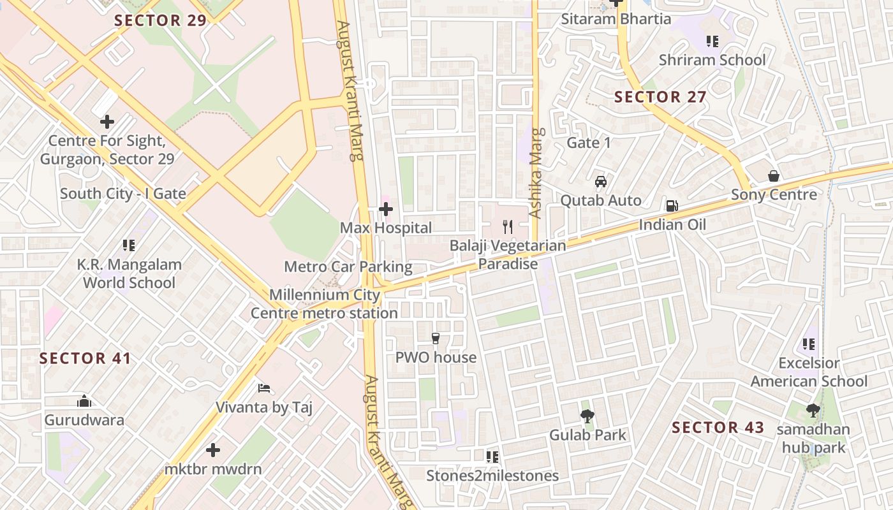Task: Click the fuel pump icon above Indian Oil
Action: [671, 205]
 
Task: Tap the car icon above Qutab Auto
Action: [600, 182]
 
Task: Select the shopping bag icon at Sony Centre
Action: [774, 176]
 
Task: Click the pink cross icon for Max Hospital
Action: [386, 208]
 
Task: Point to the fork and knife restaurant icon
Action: [508, 226]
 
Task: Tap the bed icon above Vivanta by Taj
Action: [264, 388]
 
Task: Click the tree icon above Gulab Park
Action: [587, 416]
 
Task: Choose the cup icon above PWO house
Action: [436, 338]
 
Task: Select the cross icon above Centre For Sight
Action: [107, 121]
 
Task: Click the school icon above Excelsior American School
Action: [809, 345]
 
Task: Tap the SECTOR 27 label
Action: [660, 97]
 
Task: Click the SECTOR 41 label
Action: [85, 358]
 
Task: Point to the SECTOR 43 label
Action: [718, 428]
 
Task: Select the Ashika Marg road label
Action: [535, 173]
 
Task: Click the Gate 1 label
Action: [589, 143]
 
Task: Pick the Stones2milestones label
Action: [492, 476]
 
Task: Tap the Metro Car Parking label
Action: [348, 266]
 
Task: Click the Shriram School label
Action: [712, 60]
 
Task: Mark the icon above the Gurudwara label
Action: [84, 401]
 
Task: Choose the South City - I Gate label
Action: [123, 194]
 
